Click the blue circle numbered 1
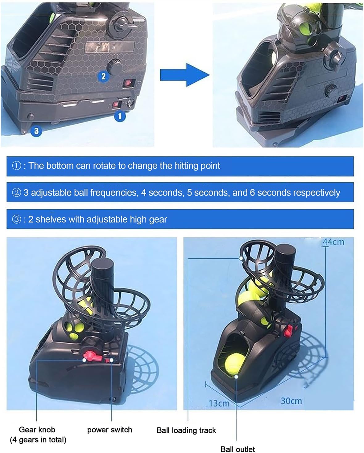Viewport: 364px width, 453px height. tap(120, 116)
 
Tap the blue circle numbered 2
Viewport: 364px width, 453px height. tap(103, 76)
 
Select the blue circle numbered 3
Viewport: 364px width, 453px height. tap(36, 131)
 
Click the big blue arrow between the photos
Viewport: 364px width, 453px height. tap(184, 75)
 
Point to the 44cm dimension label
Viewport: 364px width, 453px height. tap(333, 242)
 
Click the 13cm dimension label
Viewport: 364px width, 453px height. tap(219, 403)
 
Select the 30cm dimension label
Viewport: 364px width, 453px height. tap(291, 401)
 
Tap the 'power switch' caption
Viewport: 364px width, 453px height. tap(110, 430)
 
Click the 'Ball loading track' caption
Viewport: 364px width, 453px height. tap(186, 430)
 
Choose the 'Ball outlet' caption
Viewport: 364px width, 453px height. tap(238, 449)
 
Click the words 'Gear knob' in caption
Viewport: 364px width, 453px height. tap(37, 430)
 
